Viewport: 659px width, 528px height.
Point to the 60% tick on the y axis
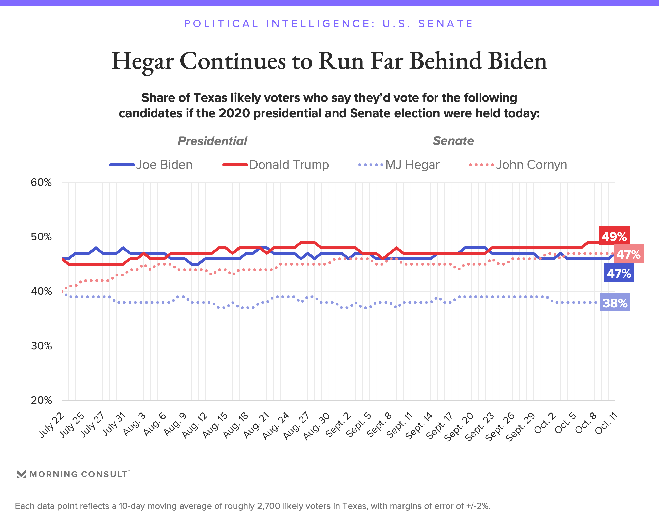tap(41, 183)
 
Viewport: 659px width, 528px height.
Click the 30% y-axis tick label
tap(41, 346)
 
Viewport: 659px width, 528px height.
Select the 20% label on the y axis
tap(41, 400)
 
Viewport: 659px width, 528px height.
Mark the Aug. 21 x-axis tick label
tap(256, 425)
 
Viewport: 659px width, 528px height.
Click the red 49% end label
tap(614, 236)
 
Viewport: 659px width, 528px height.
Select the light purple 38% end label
tap(615, 303)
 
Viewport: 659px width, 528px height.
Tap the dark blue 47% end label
tap(619, 273)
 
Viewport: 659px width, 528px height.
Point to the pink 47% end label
tap(628, 254)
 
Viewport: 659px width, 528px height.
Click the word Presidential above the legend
tap(212, 141)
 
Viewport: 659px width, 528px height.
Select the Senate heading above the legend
tap(453, 141)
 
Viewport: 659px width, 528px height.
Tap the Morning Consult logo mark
tap(21, 474)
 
